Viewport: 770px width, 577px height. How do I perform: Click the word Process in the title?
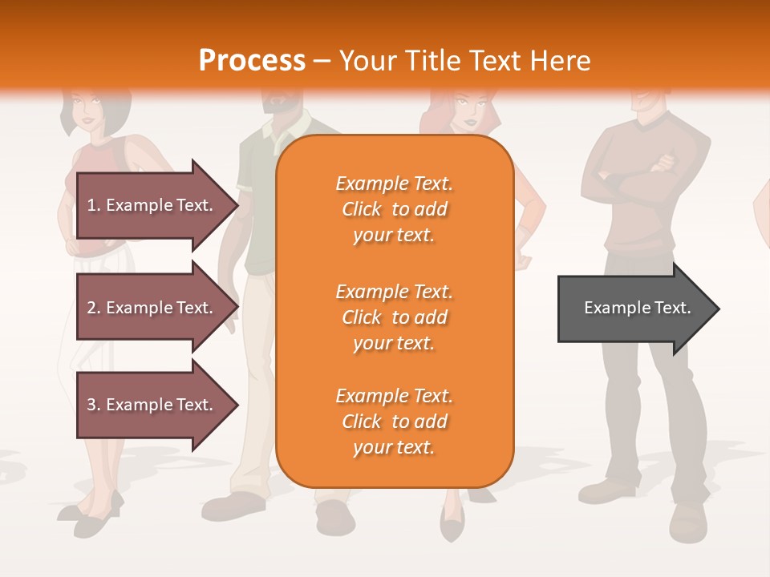point(252,61)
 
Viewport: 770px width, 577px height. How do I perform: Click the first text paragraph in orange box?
point(394,209)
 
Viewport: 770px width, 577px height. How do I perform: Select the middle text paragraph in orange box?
point(394,317)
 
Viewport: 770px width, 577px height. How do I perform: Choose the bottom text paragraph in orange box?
point(394,422)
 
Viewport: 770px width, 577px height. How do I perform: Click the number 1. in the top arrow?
point(94,205)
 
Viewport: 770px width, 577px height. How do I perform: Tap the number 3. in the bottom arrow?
point(94,405)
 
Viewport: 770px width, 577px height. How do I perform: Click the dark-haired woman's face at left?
point(89,109)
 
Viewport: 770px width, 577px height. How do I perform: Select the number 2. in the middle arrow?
point(94,308)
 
